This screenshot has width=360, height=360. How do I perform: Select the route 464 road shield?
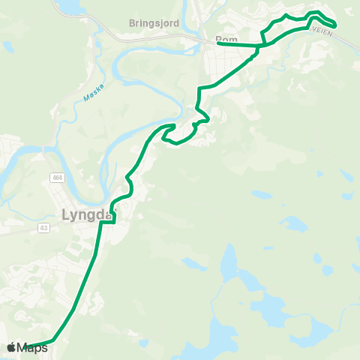pyautogui.click(x=57, y=177)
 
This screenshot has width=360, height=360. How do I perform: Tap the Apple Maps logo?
pyautogui.click(x=28, y=347)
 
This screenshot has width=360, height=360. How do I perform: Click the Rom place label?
pyautogui.click(x=225, y=39)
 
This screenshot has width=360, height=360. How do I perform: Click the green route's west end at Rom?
pyautogui.click(x=218, y=43)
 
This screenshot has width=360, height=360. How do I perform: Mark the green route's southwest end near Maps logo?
pyautogui.click(x=28, y=346)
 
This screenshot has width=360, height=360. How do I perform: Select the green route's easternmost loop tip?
pyautogui.click(x=334, y=25)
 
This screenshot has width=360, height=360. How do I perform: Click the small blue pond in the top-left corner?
pyautogui.click(x=7, y=46)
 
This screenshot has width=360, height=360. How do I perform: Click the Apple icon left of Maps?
pyautogui.click(x=11, y=347)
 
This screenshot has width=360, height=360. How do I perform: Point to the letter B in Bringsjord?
pyautogui.click(x=132, y=23)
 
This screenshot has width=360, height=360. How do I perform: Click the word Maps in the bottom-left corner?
pyautogui.click(x=33, y=348)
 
